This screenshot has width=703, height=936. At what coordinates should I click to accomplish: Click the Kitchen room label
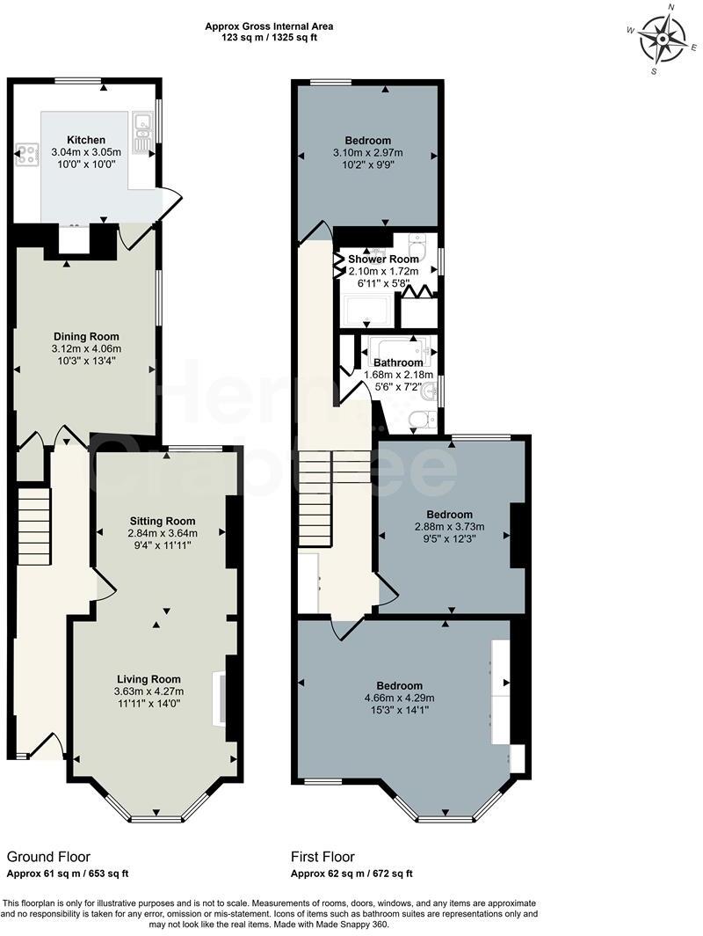click(x=86, y=140)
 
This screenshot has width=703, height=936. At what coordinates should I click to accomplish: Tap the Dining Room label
click(x=86, y=336)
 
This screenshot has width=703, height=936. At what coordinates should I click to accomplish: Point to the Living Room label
click(x=149, y=678)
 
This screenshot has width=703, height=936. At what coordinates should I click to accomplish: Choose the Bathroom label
click(x=398, y=362)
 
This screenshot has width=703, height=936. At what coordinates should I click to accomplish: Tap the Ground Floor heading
click(x=48, y=856)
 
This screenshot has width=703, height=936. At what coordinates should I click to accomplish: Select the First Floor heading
click(x=323, y=856)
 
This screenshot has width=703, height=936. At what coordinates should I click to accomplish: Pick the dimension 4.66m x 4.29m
click(x=400, y=698)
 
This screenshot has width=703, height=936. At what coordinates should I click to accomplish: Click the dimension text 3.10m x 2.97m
click(x=368, y=153)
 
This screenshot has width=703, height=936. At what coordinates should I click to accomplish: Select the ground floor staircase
click(x=34, y=528)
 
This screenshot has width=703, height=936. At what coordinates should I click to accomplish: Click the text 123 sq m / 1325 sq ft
click(x=269, y=39)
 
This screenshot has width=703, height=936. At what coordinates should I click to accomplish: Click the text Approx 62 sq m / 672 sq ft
click(x=351, y=874)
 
